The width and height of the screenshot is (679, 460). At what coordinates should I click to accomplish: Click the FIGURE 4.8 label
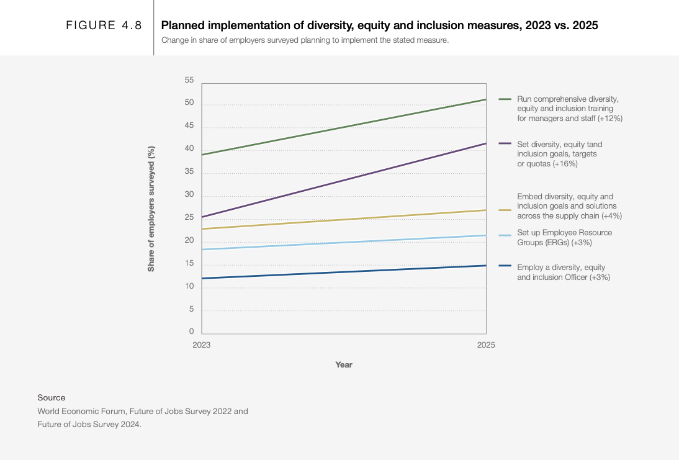104,25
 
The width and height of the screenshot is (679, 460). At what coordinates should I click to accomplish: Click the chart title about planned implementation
379,25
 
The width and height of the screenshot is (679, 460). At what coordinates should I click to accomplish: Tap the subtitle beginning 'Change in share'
305,40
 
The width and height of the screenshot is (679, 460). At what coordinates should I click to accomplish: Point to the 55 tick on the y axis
189,80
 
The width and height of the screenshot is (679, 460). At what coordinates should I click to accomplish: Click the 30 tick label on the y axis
189,195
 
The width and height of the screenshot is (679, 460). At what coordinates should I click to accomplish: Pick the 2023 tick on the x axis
202,345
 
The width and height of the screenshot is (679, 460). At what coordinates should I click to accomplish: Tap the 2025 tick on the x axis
486,345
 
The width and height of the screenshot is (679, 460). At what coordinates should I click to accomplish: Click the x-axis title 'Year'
344,364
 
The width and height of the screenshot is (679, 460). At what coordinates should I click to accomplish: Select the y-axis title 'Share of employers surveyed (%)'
151,209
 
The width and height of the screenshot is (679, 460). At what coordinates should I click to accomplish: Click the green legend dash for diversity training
505,99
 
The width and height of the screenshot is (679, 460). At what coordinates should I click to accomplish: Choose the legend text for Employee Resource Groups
564,237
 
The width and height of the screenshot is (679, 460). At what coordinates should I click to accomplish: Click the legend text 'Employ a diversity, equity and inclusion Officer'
563,272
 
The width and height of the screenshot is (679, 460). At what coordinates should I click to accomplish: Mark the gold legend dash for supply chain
505,210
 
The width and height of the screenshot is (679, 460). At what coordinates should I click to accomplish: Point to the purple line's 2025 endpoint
486,143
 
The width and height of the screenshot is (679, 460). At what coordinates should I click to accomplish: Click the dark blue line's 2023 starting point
202,278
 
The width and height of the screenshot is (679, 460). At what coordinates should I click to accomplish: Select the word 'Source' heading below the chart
51,397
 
